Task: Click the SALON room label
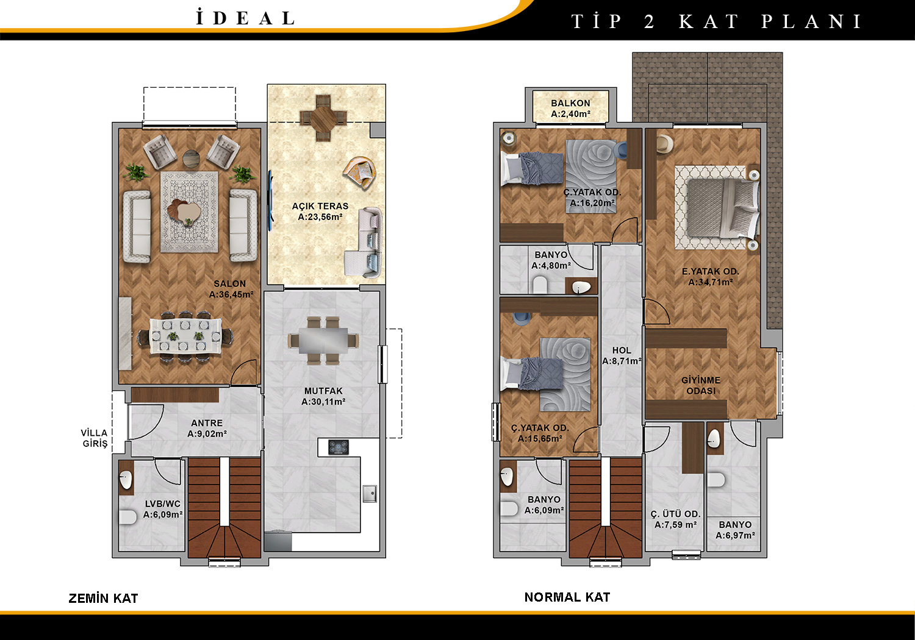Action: [229, 283]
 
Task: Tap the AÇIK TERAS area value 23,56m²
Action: [320, 217]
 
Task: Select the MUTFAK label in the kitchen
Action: [323, 391]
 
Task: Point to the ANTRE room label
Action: [207, 423]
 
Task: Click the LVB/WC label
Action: [163, 504]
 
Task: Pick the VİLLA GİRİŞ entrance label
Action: [95, 438]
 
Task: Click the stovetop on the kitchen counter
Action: [339, 447]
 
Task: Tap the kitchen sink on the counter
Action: [370, 494]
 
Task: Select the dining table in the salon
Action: [186, 336]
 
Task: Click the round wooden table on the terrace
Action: [323, 118]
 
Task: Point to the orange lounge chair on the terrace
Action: [359, 172]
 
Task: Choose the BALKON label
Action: [570, 103]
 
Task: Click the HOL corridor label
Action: [622, 350]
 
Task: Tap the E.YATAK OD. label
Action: [711, 271]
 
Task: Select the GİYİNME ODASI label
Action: [701, 386]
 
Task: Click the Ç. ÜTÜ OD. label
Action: [676, 514]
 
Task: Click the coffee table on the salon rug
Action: [186, 212]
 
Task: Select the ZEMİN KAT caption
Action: [103, 599]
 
